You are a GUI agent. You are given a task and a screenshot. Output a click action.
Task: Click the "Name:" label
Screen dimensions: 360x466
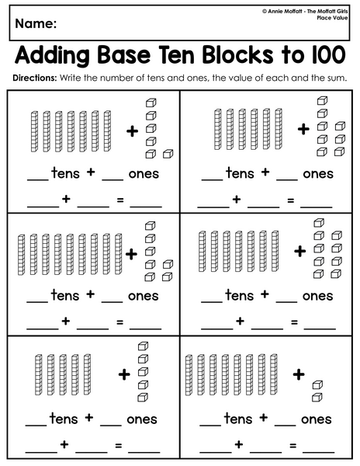coord(36,23)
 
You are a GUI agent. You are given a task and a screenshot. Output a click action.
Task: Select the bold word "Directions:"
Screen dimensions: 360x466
coord(34,78)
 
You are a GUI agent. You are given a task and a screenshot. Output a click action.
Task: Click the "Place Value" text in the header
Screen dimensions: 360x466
coord(332,18)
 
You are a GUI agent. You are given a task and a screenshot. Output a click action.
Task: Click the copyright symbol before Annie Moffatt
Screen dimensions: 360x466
coord(264,12)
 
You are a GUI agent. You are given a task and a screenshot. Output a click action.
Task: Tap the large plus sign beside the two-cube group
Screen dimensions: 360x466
coord(299,374)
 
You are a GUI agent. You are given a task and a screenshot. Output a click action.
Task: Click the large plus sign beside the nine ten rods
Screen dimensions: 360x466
coord(131,254)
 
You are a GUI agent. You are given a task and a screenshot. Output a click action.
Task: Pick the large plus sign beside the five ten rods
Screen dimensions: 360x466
coord(124,374)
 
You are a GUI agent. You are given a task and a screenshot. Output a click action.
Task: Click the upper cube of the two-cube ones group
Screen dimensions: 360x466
coord(317,385)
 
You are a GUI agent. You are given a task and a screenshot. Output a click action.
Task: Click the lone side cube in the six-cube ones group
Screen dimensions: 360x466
coord(168,154)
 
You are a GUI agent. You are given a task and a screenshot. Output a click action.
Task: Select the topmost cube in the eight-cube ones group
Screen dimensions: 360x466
coord(322,100)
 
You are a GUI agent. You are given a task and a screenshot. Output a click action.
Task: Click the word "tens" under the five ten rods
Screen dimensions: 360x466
coord(63,419)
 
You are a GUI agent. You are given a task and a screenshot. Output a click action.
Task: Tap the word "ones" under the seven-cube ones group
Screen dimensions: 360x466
coord(143,296)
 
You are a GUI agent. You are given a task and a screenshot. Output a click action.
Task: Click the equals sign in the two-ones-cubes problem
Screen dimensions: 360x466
coord(293,445)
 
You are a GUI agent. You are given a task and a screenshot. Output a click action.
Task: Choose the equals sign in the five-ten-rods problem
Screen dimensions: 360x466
coord(119,445)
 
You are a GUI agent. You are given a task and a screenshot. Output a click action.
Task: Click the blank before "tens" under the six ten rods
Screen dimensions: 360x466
coord(213,180)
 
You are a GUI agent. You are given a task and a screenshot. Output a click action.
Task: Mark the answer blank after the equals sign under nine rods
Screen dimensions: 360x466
coord(145,329)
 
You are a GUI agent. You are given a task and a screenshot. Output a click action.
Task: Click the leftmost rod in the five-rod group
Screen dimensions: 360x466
coord(39,374)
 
